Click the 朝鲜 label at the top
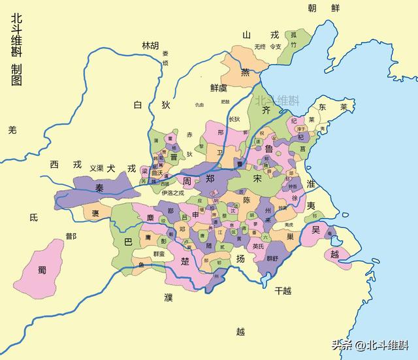(325, 8)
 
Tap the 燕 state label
(245, 73)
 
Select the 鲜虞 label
(218, 88)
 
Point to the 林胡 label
(150, 45)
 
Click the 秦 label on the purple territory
(101, 187)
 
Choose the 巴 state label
(128, 241)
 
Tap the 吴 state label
(315, 230)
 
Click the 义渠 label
(97, 168)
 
